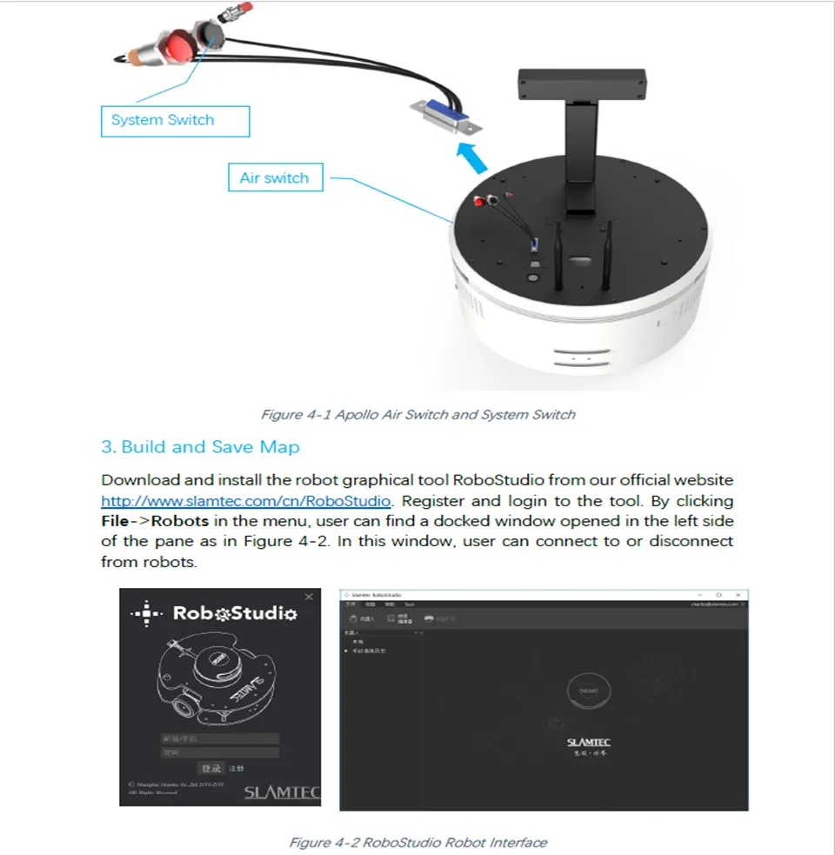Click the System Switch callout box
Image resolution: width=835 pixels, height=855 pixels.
tap(174, 121)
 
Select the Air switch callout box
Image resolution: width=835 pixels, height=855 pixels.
tap(274, 178)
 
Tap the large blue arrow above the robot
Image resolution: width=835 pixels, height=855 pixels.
tap(471, 160)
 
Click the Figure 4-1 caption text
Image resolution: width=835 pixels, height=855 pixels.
tap(417, 414)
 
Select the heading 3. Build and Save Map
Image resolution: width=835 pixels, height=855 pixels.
tap(200, 447)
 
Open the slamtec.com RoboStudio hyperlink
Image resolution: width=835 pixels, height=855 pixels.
tap(246, 501)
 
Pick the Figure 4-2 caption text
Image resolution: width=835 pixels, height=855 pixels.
tap(417, 842)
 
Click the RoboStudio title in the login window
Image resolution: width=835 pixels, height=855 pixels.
tap(235, 613)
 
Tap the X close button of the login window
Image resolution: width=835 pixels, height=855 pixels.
tap(309, 597)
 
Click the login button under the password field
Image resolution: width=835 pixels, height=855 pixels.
tap(211, 768)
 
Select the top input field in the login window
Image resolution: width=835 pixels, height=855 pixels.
tap(219, 738)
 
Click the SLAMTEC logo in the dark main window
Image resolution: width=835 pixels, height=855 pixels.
tap(588, 742)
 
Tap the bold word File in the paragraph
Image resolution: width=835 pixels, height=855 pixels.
tap(117, 521)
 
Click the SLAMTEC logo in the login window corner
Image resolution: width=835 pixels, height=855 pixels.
tap(282, 792)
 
